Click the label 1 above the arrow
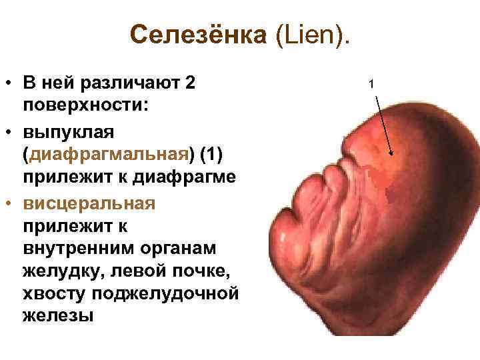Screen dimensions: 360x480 tap(373, 83)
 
